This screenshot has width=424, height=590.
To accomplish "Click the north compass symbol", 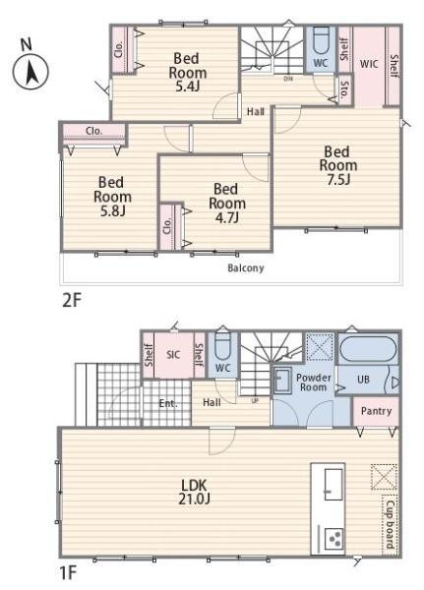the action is [30, 67].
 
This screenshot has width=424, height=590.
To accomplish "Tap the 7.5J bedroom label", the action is [337, 165].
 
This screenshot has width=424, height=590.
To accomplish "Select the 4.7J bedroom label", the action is [227, 204].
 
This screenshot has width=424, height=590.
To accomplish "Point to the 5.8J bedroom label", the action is [112, 197].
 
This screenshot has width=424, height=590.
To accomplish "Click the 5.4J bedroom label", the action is [188, 72].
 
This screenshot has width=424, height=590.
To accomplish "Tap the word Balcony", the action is [246, 268].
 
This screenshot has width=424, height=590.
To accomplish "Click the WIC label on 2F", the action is [369, 64].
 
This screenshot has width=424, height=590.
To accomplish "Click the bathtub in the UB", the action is [368, 349].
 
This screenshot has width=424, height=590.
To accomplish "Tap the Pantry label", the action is [376, 411].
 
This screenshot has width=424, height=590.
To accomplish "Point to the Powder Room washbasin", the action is [282, 381].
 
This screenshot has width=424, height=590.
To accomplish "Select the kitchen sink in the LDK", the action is [333, 484].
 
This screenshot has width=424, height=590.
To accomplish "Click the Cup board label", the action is [390, 524].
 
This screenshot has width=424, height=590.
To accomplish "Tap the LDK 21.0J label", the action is [194, 492].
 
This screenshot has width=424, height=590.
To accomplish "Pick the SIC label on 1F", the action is [173, 354].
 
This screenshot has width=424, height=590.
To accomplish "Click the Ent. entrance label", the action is [168, 404].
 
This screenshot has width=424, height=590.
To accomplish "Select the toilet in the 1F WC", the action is [223, 347].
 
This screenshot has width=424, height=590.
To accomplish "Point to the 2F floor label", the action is [72, 301].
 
